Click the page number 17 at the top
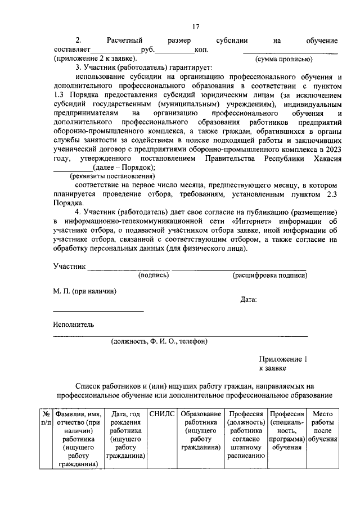[x=196, y=26]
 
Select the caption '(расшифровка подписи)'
[x=270, y=276]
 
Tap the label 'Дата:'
[x=249, y=299]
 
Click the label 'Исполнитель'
[x=74, y=325]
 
